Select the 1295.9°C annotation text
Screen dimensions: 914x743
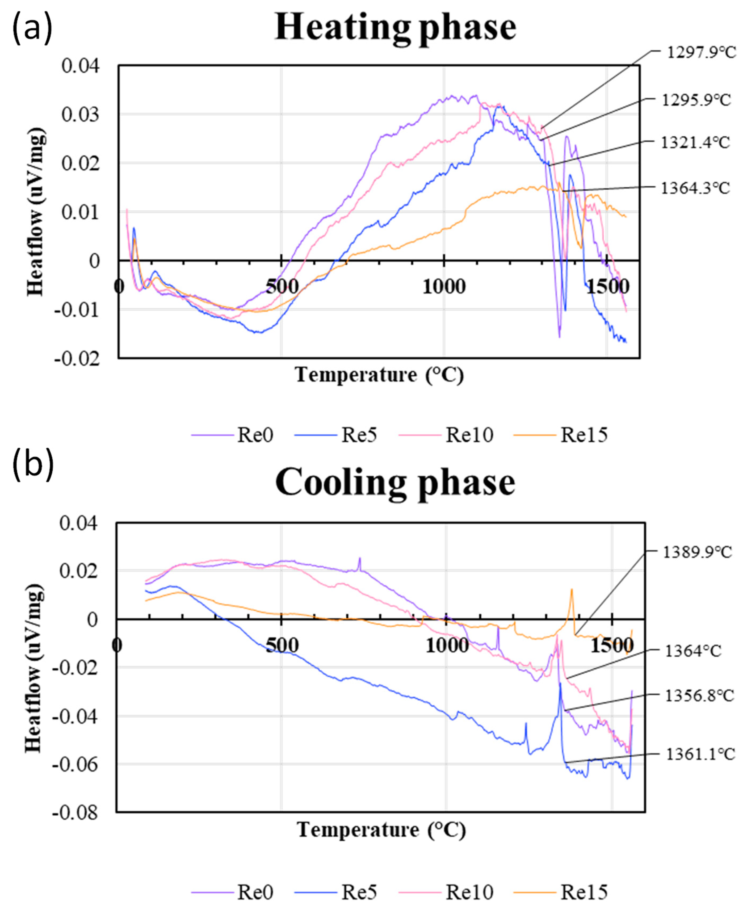coord(696,100)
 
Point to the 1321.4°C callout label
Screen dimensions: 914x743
coord(695,142)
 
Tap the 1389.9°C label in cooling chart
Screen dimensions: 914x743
coord(697,552)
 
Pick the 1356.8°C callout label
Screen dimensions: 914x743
coord(699,696)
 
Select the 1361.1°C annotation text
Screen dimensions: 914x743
coord(700,754)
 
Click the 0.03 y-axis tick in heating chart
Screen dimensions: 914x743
coord(81,115)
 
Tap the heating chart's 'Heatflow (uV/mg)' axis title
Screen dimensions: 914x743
coord(35,212)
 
